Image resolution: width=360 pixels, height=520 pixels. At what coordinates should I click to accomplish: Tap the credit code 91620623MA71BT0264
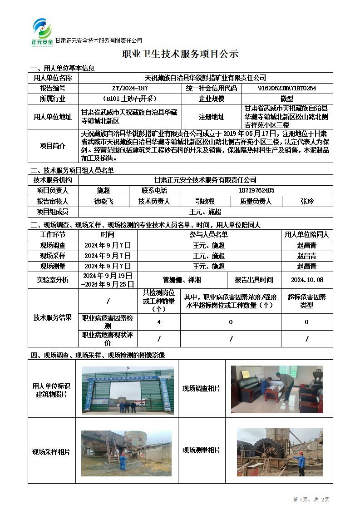287,88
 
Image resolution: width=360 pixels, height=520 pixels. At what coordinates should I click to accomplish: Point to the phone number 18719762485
256,191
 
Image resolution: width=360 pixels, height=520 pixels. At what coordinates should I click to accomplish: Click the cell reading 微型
287,99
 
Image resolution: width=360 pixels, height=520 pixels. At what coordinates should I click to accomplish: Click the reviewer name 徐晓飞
104,201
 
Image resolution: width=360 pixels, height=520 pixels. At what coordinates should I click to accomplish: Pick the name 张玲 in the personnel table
307,201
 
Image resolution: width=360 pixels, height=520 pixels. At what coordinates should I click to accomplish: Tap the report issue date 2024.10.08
307,280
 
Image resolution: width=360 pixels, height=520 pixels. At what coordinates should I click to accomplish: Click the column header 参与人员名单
208,234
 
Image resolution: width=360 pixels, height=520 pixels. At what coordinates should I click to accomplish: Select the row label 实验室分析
53,280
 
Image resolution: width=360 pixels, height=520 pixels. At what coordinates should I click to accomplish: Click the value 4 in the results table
158,322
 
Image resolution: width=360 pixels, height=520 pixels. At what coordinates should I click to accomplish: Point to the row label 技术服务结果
53,318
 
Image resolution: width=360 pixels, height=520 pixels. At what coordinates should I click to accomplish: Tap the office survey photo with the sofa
277,389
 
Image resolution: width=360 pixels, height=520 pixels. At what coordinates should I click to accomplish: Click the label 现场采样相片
51,452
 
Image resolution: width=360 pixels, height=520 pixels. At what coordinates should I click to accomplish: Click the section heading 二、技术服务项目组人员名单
72,171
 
